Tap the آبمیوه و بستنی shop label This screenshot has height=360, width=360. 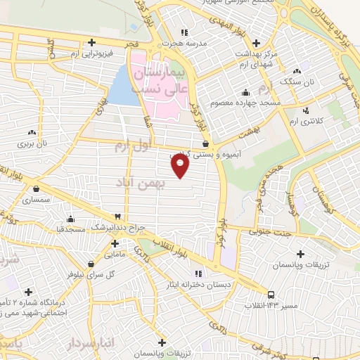198,155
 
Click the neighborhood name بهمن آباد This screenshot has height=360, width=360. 141,182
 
